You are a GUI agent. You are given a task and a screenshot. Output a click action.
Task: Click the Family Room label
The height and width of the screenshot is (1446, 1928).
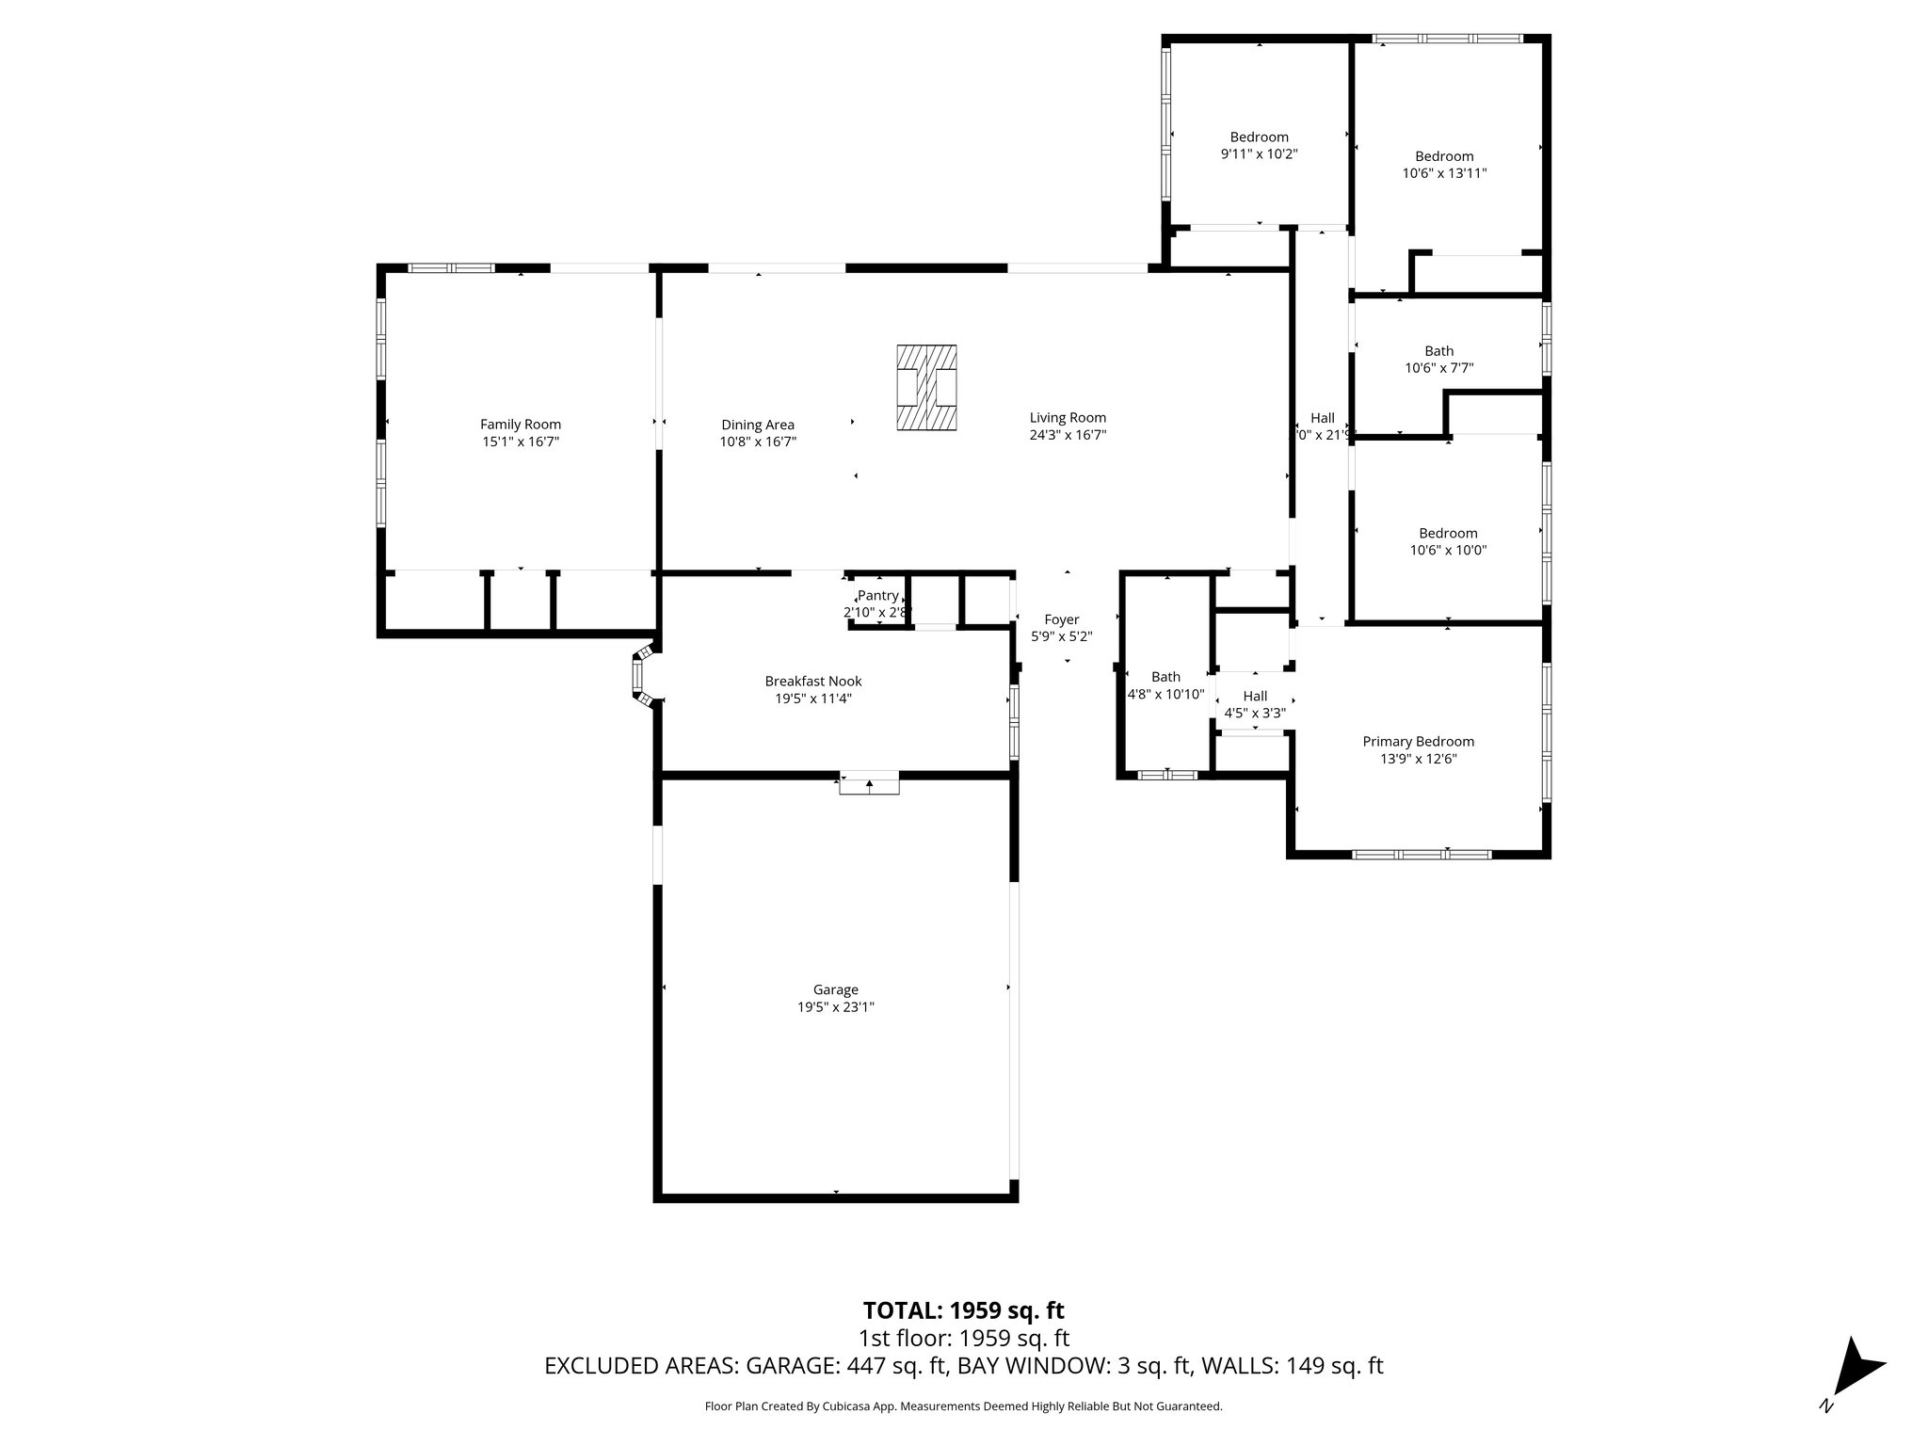coord(521,425)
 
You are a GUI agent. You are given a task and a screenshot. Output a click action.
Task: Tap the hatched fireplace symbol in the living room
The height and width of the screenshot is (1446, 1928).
coord(926,388)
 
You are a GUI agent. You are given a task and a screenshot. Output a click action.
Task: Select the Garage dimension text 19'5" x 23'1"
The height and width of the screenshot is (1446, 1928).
coord(836,1006)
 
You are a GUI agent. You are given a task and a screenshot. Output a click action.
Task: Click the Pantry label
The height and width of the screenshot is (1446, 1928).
coord(877,596)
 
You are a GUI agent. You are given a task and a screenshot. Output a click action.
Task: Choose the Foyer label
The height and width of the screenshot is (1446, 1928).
coord(1061,619)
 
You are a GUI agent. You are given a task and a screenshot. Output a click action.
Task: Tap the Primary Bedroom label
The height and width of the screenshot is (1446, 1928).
coord(1418,742)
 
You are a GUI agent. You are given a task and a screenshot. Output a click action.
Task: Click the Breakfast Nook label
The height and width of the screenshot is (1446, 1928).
coord(812,682)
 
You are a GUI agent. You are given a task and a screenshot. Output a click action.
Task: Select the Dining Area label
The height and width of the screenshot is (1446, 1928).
coord(758,425)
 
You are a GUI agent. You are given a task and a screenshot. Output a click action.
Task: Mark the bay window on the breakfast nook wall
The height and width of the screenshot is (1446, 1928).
coord(641,675)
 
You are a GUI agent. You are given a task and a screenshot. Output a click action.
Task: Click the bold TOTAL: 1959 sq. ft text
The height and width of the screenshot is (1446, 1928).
coord(963,1310)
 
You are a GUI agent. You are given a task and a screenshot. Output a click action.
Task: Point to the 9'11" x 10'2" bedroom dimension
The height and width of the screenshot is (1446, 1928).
coord(1259,154)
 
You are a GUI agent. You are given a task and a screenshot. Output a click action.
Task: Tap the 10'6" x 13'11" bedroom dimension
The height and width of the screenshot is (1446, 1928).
coord(1444,173)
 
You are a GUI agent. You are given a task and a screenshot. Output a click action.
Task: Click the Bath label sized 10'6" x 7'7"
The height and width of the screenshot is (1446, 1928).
coord(1438,351)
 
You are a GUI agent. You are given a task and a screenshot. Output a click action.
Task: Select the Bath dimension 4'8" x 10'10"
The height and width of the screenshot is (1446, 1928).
coord(1165,694)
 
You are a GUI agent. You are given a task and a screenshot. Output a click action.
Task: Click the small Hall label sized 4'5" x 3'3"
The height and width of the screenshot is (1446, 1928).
coord(1254,696)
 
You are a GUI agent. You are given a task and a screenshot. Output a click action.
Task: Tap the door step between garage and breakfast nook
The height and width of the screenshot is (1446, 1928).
coord(869,783)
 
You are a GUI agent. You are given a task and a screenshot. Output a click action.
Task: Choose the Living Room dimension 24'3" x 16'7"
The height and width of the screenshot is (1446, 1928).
coord(1067,435)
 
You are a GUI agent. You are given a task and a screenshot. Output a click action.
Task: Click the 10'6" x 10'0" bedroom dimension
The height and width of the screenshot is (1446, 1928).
coord(1448,551)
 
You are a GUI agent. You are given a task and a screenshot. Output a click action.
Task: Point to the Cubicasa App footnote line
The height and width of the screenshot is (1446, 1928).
coord(963,1406)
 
